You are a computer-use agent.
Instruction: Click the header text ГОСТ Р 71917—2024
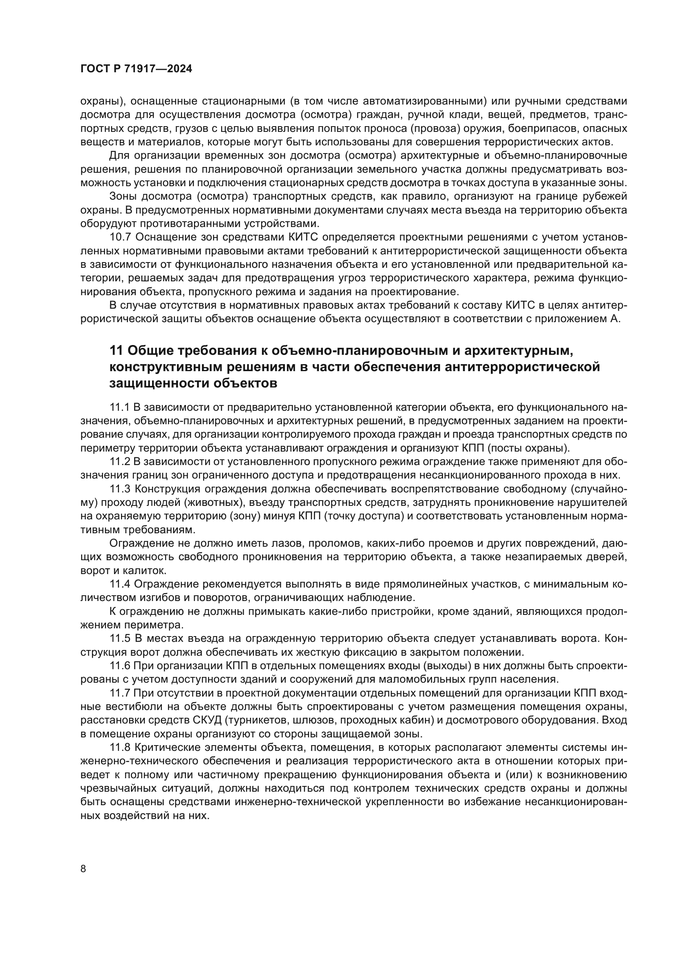click(x=136, y=69)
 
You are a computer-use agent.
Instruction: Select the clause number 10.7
click(x=120, y=237)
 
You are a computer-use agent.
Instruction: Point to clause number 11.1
click(x=120, y=406)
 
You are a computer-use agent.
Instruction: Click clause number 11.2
click(x=120, y=461)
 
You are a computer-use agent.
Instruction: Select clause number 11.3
click(x=120, y=489)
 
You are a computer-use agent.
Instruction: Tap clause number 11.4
click(x=120, y=584)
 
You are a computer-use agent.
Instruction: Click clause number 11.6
click(x=120, y=666)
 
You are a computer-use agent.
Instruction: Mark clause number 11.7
click(x=120, y=693)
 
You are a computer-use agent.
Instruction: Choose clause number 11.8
click(x=120, y=748)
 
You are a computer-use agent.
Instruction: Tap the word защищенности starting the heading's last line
click(x=158, y=383)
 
